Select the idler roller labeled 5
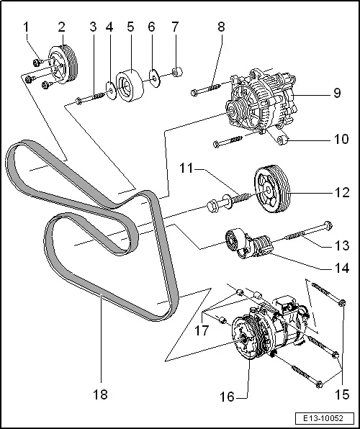130,82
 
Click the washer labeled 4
109,89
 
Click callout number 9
336,93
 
